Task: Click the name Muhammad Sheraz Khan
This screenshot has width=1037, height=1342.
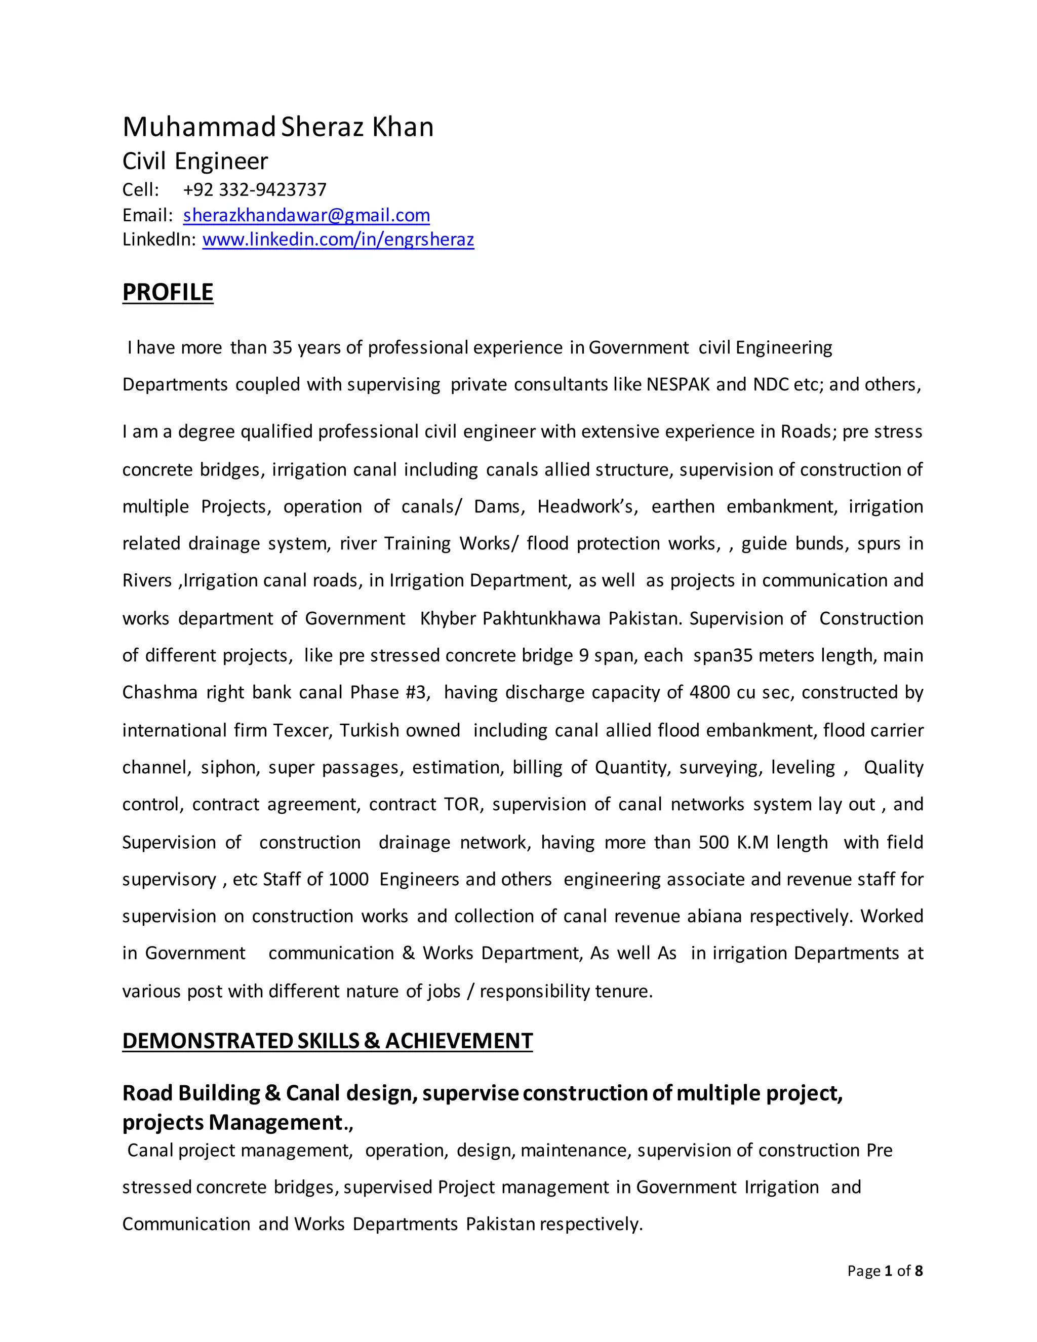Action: (x=277, y=127)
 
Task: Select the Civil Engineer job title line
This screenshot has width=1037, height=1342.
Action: (x=195, y=161)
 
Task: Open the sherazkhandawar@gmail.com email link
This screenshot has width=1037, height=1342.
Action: (x=306, y=215)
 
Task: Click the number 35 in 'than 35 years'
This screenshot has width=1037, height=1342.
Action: (x=282, y=348)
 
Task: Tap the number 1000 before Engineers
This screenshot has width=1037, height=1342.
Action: (x=348, y=879)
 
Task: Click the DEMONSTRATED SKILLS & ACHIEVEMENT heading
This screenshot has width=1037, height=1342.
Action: (x=327, y=1041)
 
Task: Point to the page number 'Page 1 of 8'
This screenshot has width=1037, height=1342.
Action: (x=884, y=1271)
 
